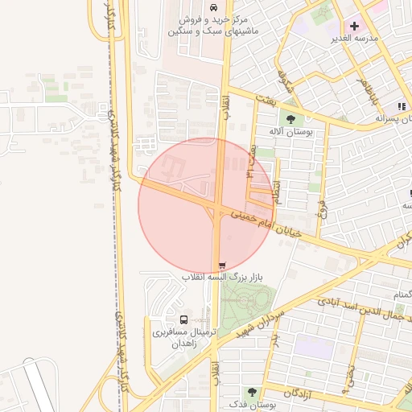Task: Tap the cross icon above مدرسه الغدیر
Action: click(354, 26)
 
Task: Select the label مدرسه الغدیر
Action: click(353, 39)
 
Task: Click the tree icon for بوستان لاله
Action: click(290, 120)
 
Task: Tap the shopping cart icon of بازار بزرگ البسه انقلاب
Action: click(222, 265)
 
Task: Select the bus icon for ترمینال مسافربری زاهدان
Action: click(184, 320)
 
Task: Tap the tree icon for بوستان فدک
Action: click(252, 392)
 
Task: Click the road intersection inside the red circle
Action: click(218, 211)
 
